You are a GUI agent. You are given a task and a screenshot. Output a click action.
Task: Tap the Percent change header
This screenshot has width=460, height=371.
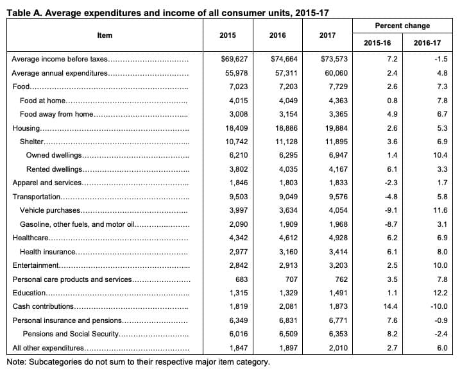point(403,26)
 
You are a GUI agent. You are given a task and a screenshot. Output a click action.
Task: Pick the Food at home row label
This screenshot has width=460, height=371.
point(42,100)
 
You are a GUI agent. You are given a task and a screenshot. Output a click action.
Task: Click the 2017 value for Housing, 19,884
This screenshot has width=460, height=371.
point(337,128)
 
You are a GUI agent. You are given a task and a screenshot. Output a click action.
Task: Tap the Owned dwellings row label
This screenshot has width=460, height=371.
point(54,155)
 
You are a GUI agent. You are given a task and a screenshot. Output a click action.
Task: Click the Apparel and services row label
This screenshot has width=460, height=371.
point(47,183)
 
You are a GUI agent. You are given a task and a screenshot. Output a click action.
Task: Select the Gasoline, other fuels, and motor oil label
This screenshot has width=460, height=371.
point(77,224)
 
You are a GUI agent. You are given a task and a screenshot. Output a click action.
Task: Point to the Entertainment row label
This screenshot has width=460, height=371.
point(36,265)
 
